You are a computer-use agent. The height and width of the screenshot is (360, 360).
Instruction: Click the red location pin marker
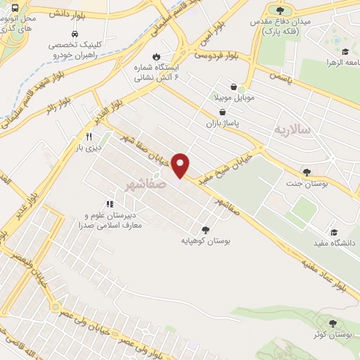point(181,165)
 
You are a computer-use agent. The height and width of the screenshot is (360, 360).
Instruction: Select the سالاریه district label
point(292,129)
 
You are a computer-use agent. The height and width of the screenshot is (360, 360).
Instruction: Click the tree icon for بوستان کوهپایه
point(205,229)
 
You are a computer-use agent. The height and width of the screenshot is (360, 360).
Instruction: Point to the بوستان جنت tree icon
point(307,172)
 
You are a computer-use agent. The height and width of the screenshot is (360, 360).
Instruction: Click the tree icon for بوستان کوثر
point(333,324)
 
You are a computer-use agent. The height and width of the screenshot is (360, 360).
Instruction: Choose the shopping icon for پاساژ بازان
point(223,112)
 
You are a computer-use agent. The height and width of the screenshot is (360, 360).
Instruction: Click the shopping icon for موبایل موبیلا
point(242,87)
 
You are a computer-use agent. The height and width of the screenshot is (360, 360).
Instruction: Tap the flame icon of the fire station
point(156,56)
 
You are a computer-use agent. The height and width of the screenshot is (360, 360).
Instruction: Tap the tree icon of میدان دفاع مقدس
point(281,11)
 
